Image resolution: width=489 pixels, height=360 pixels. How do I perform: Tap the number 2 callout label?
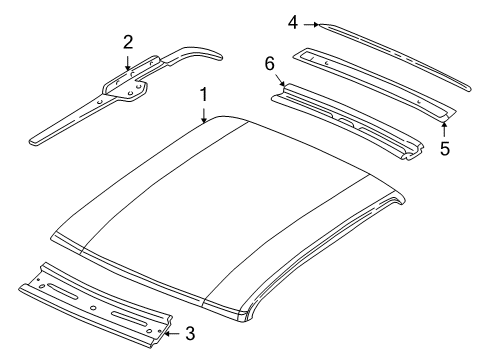point(127,41)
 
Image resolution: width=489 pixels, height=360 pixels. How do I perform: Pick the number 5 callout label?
point(445,148)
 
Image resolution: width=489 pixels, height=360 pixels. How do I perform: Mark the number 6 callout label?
point(269,62)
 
